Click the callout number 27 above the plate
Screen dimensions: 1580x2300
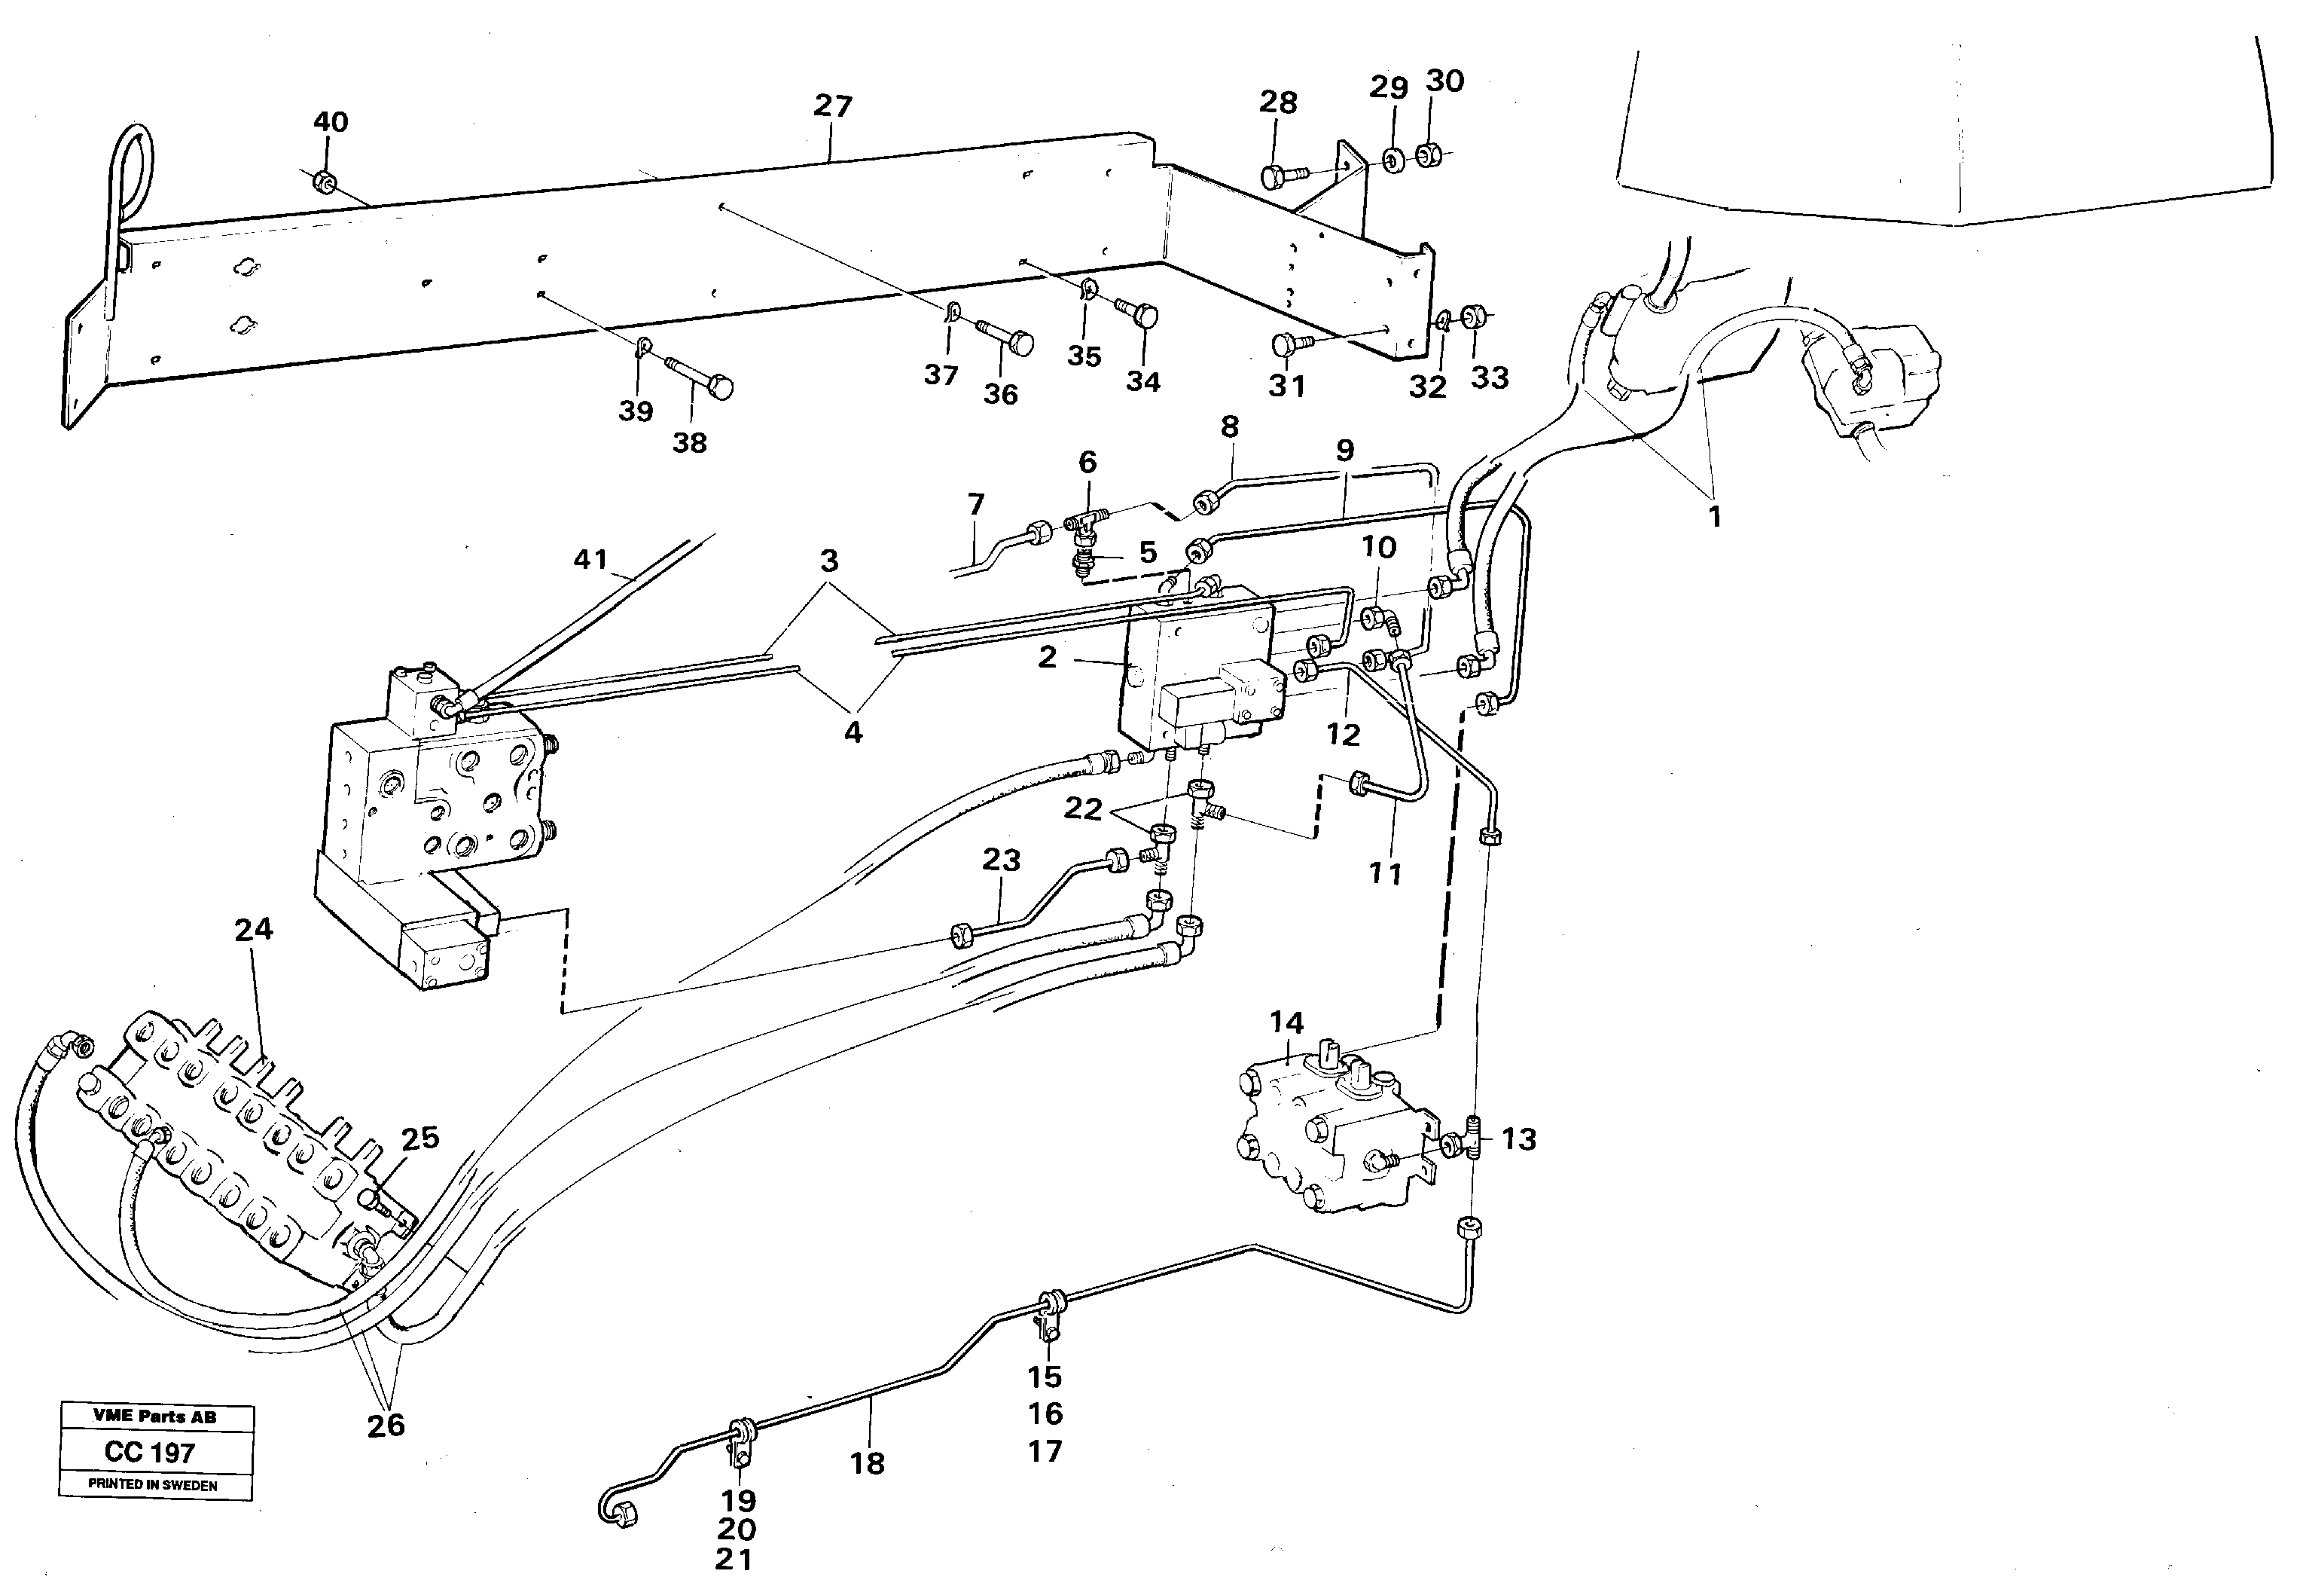(832, 106)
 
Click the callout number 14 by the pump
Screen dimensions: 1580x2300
(1286, 1022)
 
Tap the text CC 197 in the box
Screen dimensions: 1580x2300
(149, 1453)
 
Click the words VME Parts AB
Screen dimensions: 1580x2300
(155, 1416)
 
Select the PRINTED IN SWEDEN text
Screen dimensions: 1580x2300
(154, 1485)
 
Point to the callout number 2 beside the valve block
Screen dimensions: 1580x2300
(1047, 657)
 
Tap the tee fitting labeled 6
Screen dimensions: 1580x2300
(1086, 521)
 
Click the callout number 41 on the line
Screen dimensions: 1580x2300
(591, 561)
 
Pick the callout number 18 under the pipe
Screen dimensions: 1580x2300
(867, 1463)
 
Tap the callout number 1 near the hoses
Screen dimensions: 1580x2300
(1715, 517)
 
